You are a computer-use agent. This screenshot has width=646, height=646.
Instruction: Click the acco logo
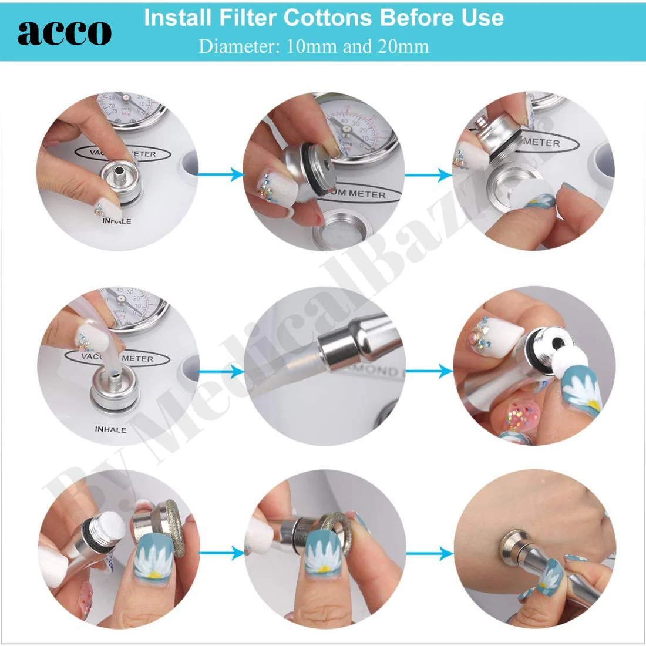pyautogui.click(x=64, y=32)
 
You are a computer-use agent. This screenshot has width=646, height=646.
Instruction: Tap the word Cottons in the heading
pyautogui.click(x=329, y=18)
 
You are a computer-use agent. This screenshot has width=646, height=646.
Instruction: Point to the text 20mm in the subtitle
pyautogui.click(x=403, y=46)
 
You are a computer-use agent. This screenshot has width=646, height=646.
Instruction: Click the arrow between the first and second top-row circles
pyautogui.click(x=221, y=174)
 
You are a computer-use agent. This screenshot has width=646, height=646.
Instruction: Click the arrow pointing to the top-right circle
pyautogui.click(x=429, y=174)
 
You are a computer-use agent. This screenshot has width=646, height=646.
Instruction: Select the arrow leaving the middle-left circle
pyautogui.click(x=221, y=371)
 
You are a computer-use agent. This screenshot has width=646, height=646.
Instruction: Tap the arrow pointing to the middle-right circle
pyautogui.click(x=429, y=371)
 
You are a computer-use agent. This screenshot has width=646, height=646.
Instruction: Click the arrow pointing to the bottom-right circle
pyautogui.click(x=429, y=553)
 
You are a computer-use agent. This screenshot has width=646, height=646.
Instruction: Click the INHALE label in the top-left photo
pyautogui.click(x=116, y=221)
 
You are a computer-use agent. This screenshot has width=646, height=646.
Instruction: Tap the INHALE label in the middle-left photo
pyautogui.click(x=110, y=429)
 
